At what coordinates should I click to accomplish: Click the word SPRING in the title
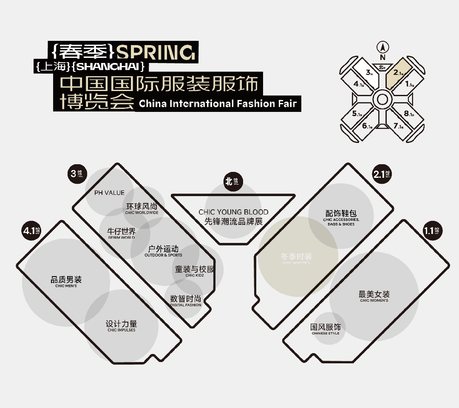click(x=156, y=52)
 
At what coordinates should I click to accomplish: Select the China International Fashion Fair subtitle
click(x=218, y=103)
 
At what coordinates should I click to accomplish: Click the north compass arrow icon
click(x=382, y=48)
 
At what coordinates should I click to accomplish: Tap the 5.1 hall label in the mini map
click(x=357, y=114)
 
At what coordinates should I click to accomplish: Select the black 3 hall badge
click(x=76, y=174)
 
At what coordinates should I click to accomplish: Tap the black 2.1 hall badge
click(x=382, y=174)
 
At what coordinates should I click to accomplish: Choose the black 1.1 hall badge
click(x=432, y=231)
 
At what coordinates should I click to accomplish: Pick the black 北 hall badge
click(x=232, y=181)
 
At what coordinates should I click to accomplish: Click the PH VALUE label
click(x=109, y=193)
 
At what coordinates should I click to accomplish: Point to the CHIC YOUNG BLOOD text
click(x=233, y=212)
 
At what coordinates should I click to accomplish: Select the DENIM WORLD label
click(x=122, y=237)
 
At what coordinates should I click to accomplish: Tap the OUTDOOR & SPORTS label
click(x=163, y=255)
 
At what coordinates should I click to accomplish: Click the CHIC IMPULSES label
click(x=122, y=330)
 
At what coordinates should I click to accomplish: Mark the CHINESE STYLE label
click(x=326, y=333)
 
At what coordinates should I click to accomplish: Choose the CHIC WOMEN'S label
click(x=374, y=300)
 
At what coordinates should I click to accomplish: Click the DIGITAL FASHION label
click(x=186, y=305)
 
